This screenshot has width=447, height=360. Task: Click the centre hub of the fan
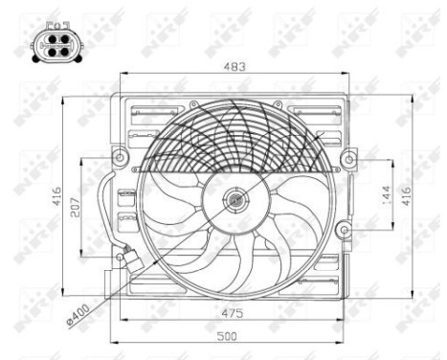[235, 200]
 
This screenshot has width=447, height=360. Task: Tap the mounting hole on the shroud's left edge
[119, 156]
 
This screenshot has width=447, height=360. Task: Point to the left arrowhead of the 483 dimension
[124, 75]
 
